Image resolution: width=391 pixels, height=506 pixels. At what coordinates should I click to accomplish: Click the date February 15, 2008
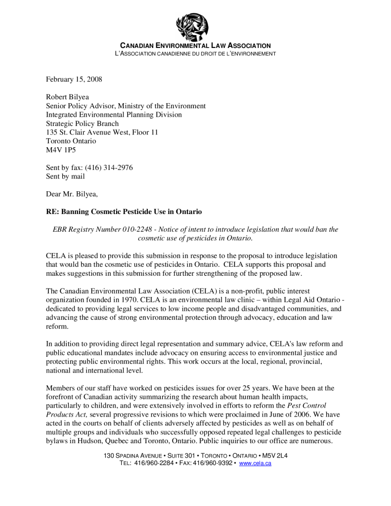coord(74,79)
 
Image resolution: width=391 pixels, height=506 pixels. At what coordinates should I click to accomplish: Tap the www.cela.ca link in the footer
coord(255,463)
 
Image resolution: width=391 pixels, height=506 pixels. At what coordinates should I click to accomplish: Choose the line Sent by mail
coord(65,176)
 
